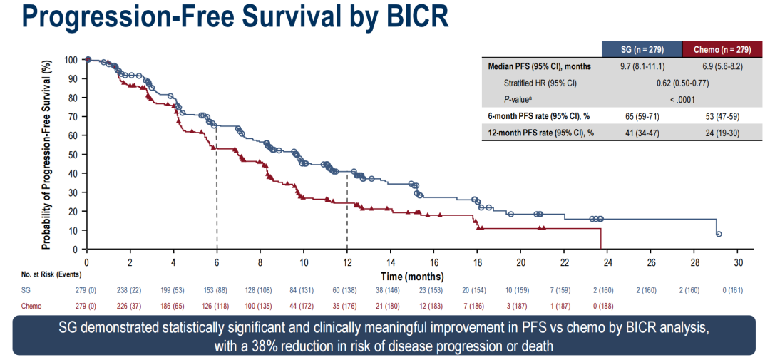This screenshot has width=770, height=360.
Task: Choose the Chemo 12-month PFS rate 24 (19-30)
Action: (x=722, y=132)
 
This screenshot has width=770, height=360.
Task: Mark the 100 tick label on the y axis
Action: (x=70, y=60)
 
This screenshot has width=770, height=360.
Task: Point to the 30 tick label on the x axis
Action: (x=739, y=262)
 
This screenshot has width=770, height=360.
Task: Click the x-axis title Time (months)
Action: (x=412, y=276)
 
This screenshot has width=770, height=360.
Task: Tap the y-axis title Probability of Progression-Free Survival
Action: (x=47, y=154)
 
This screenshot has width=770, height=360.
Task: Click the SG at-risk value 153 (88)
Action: (x=217, y=290)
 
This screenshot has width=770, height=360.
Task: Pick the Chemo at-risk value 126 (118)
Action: (x=217, y=306)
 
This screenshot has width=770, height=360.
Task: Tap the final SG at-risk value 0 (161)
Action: (x=739, y=290)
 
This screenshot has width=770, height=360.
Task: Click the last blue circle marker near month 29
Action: (x=719, y=234)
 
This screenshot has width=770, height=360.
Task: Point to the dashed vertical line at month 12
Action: (x=347, y=214)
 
